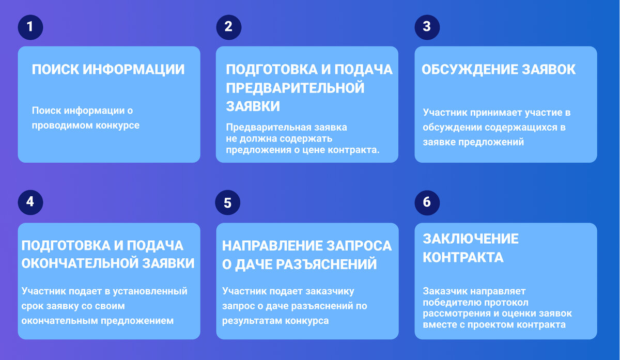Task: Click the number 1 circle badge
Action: click(30, 27)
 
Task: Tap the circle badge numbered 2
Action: click(228, 27)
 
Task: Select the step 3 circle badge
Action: click(427, 27)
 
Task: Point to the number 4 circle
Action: click(30, 202)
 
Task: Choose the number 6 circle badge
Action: click(427, 202)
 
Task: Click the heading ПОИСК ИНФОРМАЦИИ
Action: click(108, 70)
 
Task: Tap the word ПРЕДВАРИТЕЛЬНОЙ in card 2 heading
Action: click(295, 88)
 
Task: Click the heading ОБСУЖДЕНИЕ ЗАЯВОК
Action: click(499, 70)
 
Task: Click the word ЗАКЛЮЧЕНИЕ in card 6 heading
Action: click(471, 239)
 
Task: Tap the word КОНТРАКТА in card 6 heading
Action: click(463, 257)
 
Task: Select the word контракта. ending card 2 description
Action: click(357, 150)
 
